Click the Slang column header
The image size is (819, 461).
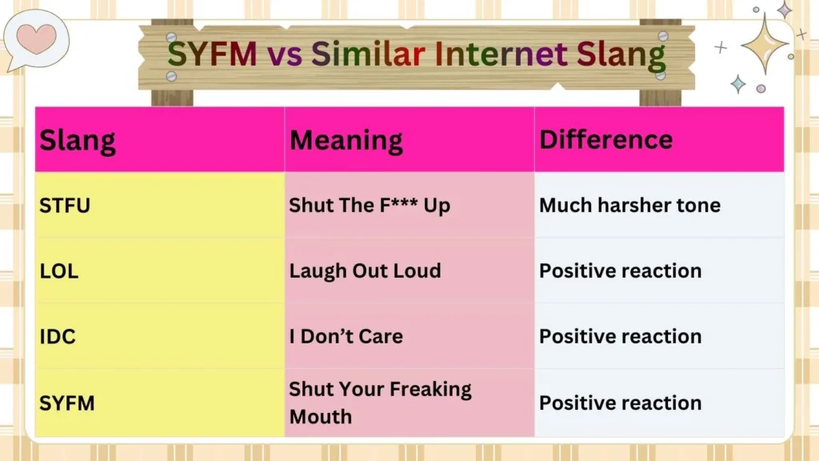tap(78, 140)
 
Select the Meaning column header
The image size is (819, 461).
tap(346, 140)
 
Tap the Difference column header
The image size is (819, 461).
tap(605, 139)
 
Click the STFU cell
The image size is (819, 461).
tap(65, 206)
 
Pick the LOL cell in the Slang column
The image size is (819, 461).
tap(59, 271)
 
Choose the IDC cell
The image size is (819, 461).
tap(58, 336)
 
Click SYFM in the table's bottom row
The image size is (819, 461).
tap(67, 403)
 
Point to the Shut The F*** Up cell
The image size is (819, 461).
tap(370, 206)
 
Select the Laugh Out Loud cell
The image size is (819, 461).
tap(365, 271)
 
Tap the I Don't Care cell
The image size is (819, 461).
tap(346, 336)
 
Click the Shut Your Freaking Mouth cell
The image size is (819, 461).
tap(380, 403)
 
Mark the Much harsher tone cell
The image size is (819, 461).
tap(629, 206)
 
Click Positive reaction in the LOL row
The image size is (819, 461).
tap(620, 271)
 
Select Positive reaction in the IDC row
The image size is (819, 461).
tap(620, 336)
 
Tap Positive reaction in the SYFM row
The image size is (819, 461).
tap(620, 403)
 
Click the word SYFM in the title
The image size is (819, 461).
tap(211, 54)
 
